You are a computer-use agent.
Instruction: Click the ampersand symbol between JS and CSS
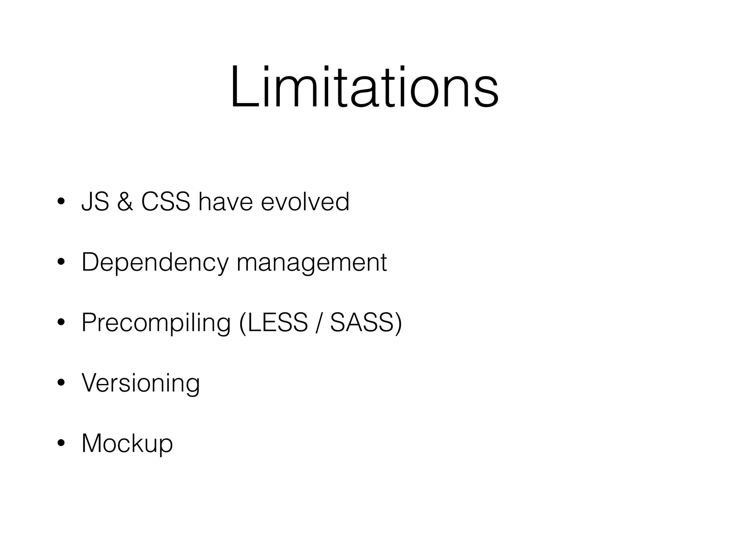pyautogui.click(x=125, y=202)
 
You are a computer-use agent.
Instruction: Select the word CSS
pyautogui.click(x=166, y=202)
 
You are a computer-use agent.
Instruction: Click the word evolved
pyautogui.click(x=305, y=202)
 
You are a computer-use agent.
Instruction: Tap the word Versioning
pyautogui.click(x=141, y=383)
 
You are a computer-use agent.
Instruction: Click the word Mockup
pyautogui.click(x=127, y=444)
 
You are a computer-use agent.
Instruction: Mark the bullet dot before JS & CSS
pyautogui.click(x=61, y=202)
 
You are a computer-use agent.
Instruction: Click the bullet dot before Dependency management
pyautogui.click(x=61, y=262)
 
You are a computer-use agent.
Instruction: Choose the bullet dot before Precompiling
pyautogui.click(x=61, y=323)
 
